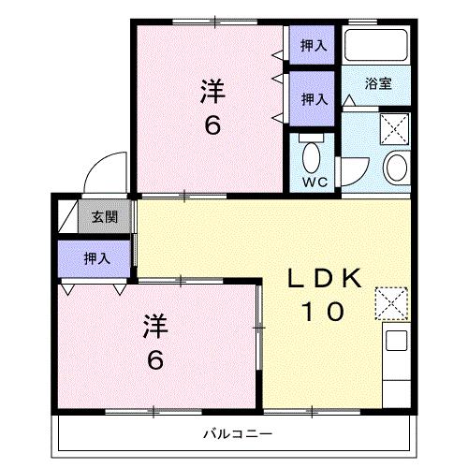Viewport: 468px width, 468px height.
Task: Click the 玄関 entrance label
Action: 104,218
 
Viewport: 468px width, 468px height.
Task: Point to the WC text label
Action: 312,182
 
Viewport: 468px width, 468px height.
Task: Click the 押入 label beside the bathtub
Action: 313,45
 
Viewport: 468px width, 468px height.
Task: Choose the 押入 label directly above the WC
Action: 313,96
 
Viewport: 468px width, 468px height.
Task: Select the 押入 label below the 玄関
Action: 95,256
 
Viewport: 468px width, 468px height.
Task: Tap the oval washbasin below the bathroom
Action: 396,169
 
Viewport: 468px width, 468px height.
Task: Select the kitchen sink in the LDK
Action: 395,343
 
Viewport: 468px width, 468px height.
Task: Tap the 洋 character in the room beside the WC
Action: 212,92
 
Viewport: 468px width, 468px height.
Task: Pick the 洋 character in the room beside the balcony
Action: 155,328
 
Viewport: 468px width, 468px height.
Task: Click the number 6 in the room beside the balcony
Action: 155,359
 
